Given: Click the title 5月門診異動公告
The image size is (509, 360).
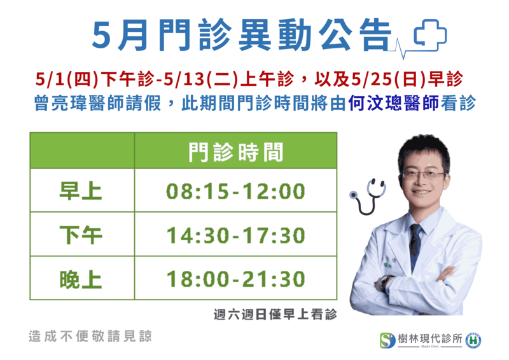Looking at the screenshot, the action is (x=242, y=35).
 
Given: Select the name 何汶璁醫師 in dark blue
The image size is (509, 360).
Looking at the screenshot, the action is (x=393, y=103).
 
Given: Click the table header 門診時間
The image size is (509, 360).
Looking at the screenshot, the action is (x=235, y=152).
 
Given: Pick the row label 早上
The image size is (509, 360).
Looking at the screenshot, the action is (x=81, y=191).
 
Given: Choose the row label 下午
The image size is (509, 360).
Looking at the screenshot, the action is (x=81, y=235).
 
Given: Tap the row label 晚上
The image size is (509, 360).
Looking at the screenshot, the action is (x=81, y=279).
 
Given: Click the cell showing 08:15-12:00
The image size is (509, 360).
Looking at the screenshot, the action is (x=235, y=191).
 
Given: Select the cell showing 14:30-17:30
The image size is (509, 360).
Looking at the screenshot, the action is (x=235, y=235).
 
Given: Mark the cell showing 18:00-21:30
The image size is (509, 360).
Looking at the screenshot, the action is (x=235, y=279).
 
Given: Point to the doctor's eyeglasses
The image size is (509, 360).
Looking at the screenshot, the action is (x=422, y=176).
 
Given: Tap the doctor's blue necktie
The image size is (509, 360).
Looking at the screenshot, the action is (x=415, y=244).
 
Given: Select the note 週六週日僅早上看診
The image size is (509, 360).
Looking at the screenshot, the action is (x=275, y=314).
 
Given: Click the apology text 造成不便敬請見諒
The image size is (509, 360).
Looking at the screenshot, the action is (x=90, y=336).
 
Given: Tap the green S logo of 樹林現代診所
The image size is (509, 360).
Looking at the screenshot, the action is (x=387, y=340).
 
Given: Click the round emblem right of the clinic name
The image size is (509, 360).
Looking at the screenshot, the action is (x=473, y=340).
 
